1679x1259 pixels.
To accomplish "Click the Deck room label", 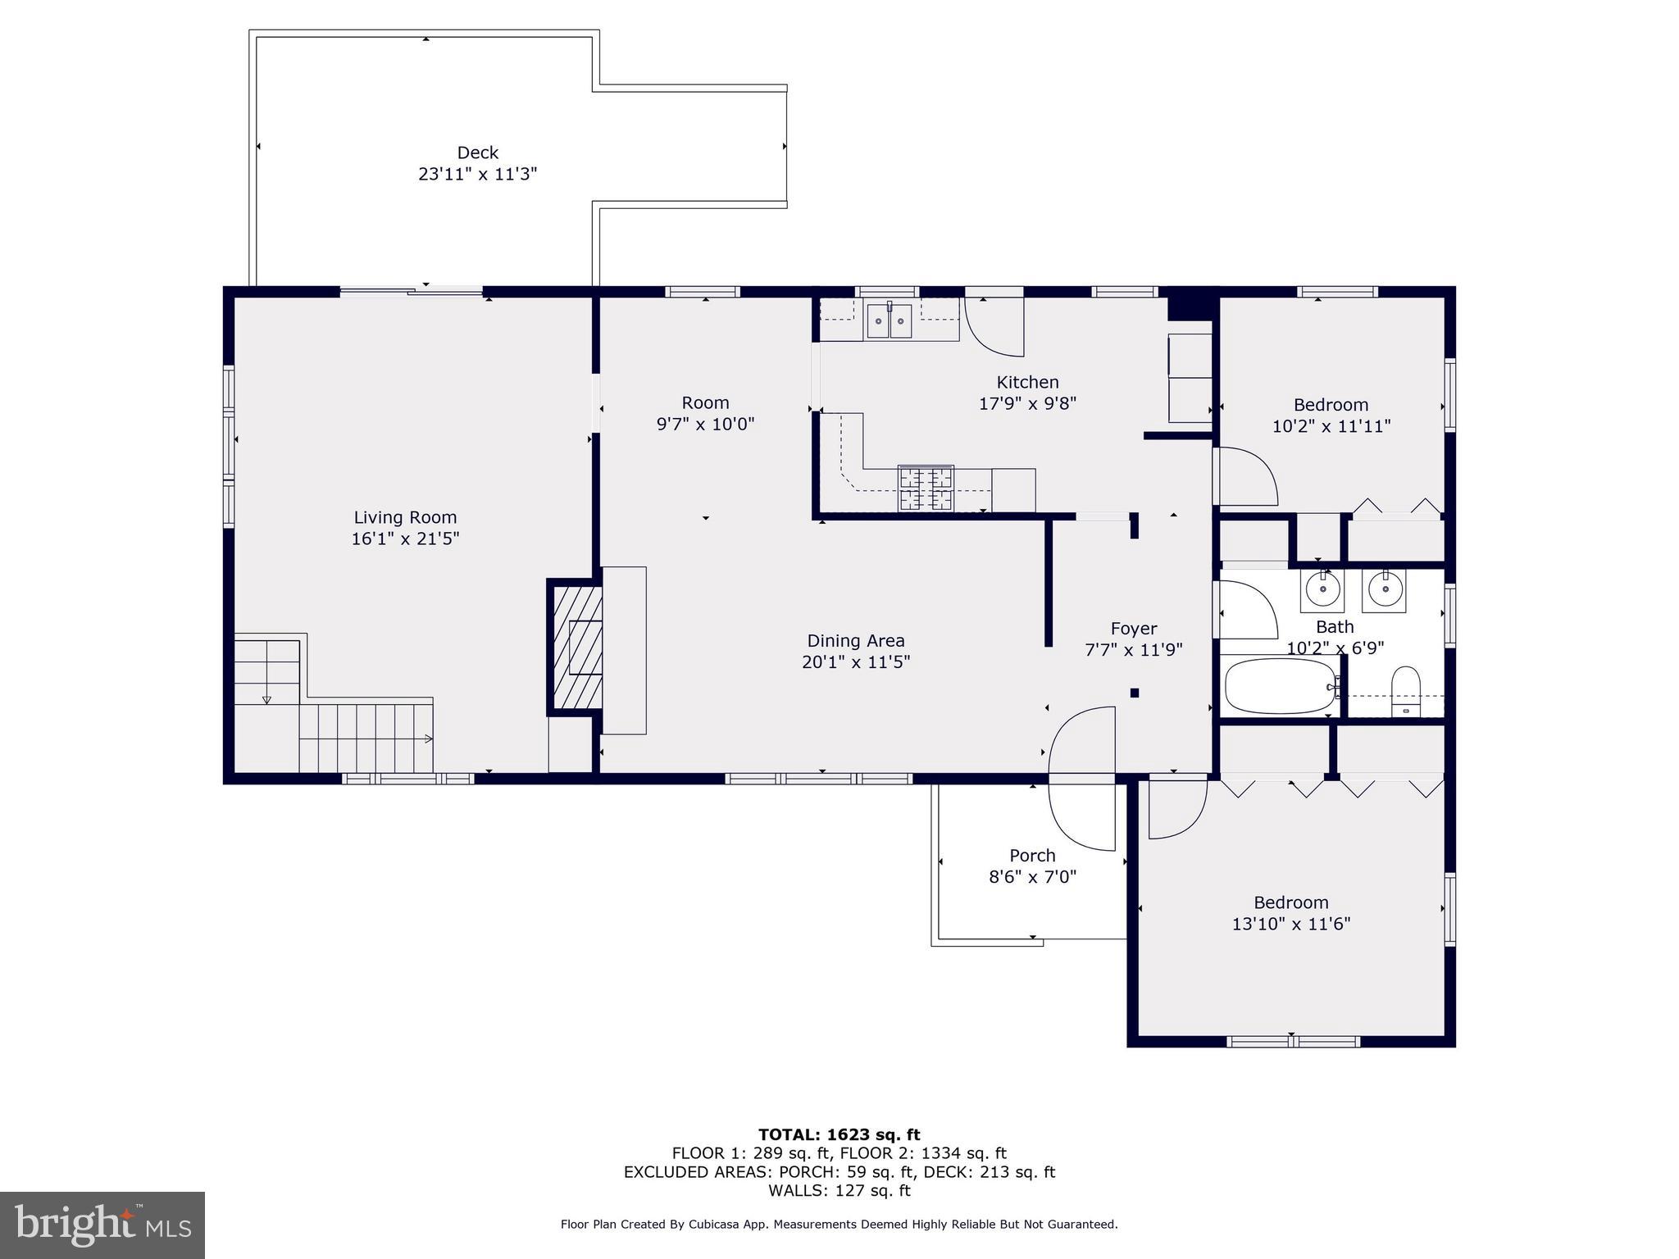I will (x=477, y=153).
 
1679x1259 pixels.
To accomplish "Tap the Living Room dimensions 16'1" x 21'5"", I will (x=405, y=539).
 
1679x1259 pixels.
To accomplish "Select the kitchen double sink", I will (x=890, y=320).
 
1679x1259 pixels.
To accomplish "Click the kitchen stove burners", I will (x=926, y=489).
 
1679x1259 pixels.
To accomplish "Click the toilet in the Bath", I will (x=1406, y=691).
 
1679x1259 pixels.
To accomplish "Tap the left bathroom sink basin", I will (x=1322, y=590).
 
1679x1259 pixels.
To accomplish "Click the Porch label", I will (x=1032, y=856).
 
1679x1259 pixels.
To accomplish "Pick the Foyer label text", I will (x=1134, y=629).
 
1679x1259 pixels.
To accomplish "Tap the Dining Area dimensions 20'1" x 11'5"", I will (x=856, y=662).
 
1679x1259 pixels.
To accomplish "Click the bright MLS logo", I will (x=102, y=1225).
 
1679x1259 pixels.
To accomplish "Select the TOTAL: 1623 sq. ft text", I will (x=839, y=1135).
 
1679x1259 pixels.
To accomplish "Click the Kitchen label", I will (x=1027, y=382).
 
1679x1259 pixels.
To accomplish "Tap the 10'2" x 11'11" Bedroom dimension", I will (x=1331, y=427).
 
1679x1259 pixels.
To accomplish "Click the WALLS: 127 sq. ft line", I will (x=839, y=1191).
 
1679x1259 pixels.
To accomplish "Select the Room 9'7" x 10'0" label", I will (x=705, y=413).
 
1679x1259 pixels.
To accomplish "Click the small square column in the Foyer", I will (x=1135, y=693).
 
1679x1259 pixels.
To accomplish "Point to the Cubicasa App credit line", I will (x=839, y=1225).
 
